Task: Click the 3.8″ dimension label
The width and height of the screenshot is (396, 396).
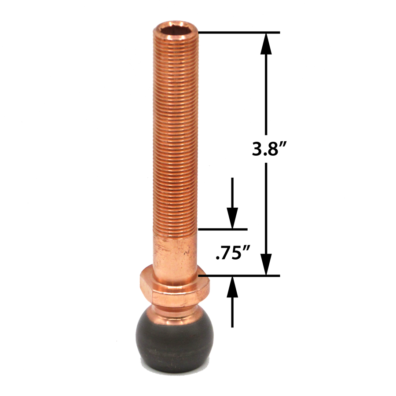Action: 267,150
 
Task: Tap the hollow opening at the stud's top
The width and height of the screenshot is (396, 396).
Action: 176,32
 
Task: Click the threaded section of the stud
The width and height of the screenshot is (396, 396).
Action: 176,132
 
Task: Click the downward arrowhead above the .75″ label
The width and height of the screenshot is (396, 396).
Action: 232,218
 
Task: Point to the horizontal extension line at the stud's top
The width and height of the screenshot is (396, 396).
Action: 238,33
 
